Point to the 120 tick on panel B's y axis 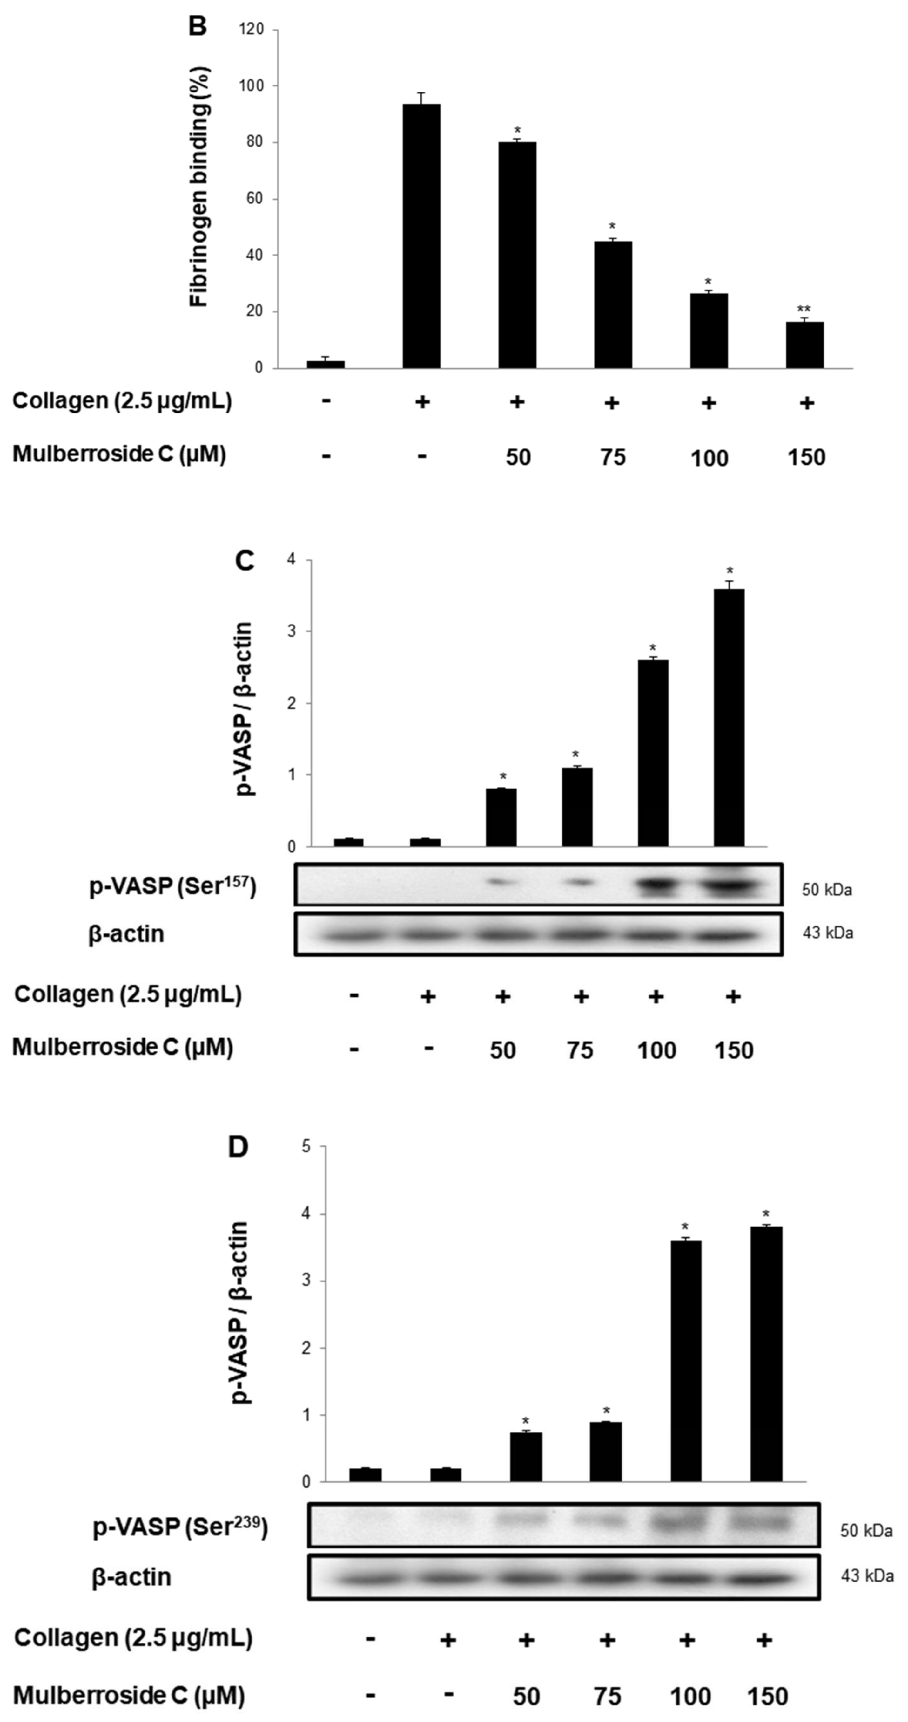255,30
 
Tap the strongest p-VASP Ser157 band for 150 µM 731,886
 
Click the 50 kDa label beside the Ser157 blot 826,890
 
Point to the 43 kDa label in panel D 867,1575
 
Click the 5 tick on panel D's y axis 306,1146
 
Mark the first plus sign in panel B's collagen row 421,402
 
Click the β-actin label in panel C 126,934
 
